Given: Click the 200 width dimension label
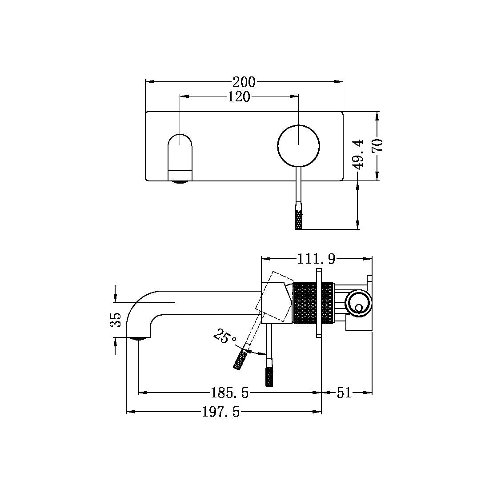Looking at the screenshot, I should (x=244, y=82).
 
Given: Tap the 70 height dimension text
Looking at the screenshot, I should (x=378, y=145).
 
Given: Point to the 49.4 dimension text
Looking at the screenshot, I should (x=359, y=154).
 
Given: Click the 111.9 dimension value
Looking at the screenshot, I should (x=316, y=259).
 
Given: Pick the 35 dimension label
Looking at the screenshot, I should (x=115, y=319).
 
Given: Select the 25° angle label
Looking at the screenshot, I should (x=224, y=337).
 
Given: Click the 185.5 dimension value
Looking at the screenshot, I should (x=229, y=393).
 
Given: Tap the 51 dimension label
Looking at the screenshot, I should (x=344, y=393).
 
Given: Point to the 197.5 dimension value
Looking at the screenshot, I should (x=221, y=413).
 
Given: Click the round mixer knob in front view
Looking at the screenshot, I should (x=298, y=145).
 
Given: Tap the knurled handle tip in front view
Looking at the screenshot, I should (x=299, y=220).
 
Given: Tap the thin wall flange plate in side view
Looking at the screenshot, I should (x=319, y=303).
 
